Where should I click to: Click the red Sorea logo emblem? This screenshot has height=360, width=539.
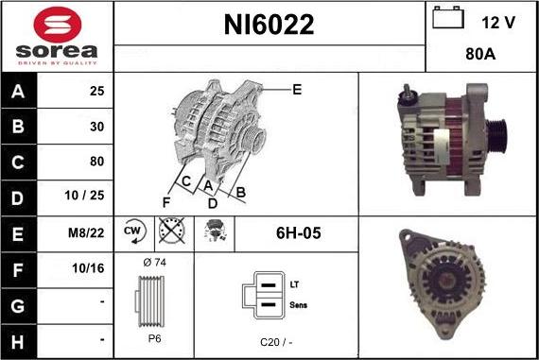tap(58, 25)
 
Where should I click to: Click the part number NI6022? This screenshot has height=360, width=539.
tap(269, 25)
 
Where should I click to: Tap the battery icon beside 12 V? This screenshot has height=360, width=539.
tap(448, 18)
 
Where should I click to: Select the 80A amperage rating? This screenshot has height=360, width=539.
tap(480, 54)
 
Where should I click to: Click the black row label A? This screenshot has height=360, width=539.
tap(18, 91)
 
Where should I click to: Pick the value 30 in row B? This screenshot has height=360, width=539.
tap(97, 127)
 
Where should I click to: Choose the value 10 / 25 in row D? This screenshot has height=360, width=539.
tap(84, 195)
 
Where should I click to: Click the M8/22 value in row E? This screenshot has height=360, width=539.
tap(86, 232)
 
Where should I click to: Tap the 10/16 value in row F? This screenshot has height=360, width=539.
tap(88, 268)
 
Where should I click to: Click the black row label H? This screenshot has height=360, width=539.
tap(18, 342)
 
